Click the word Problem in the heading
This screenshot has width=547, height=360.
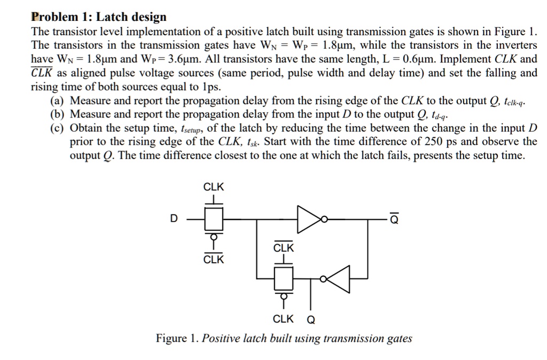pos(53,17)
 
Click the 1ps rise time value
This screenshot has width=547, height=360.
pos(211,87)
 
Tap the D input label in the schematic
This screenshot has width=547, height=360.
pos(173,218)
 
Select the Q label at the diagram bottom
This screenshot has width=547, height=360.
pos(311,320)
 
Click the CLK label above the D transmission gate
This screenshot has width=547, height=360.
pos(214,187)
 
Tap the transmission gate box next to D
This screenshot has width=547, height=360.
pos(214,218)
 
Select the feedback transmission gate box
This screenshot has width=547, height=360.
pos(284,278)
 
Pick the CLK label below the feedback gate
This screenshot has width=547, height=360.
pos(283,319)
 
